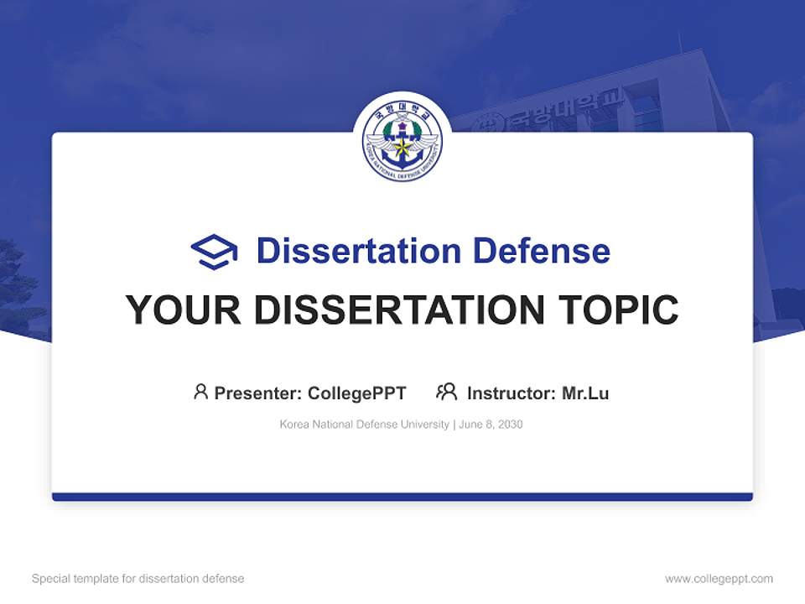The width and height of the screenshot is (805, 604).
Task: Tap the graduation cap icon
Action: point(214,252)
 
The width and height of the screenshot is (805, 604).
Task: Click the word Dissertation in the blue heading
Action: point(358,251)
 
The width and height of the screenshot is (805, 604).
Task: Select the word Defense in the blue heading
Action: point(541,251)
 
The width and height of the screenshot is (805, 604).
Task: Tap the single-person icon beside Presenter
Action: point(200,392)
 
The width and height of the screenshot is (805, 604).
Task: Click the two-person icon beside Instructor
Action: point(447,392)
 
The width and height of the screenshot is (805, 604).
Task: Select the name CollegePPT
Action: point(357,393)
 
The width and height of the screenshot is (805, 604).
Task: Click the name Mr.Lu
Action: point(585,393)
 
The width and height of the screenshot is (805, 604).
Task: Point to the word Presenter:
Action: point(258,393)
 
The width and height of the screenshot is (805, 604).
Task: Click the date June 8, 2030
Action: point(491,424)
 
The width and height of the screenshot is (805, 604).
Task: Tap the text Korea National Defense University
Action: point(365,424)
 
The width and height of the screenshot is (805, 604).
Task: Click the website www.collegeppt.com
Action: point(719,579)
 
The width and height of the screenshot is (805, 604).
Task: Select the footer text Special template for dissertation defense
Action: point(138,579)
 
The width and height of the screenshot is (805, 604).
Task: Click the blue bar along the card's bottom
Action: point(402,497)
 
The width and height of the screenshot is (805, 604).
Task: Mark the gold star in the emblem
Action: point(402,148)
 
